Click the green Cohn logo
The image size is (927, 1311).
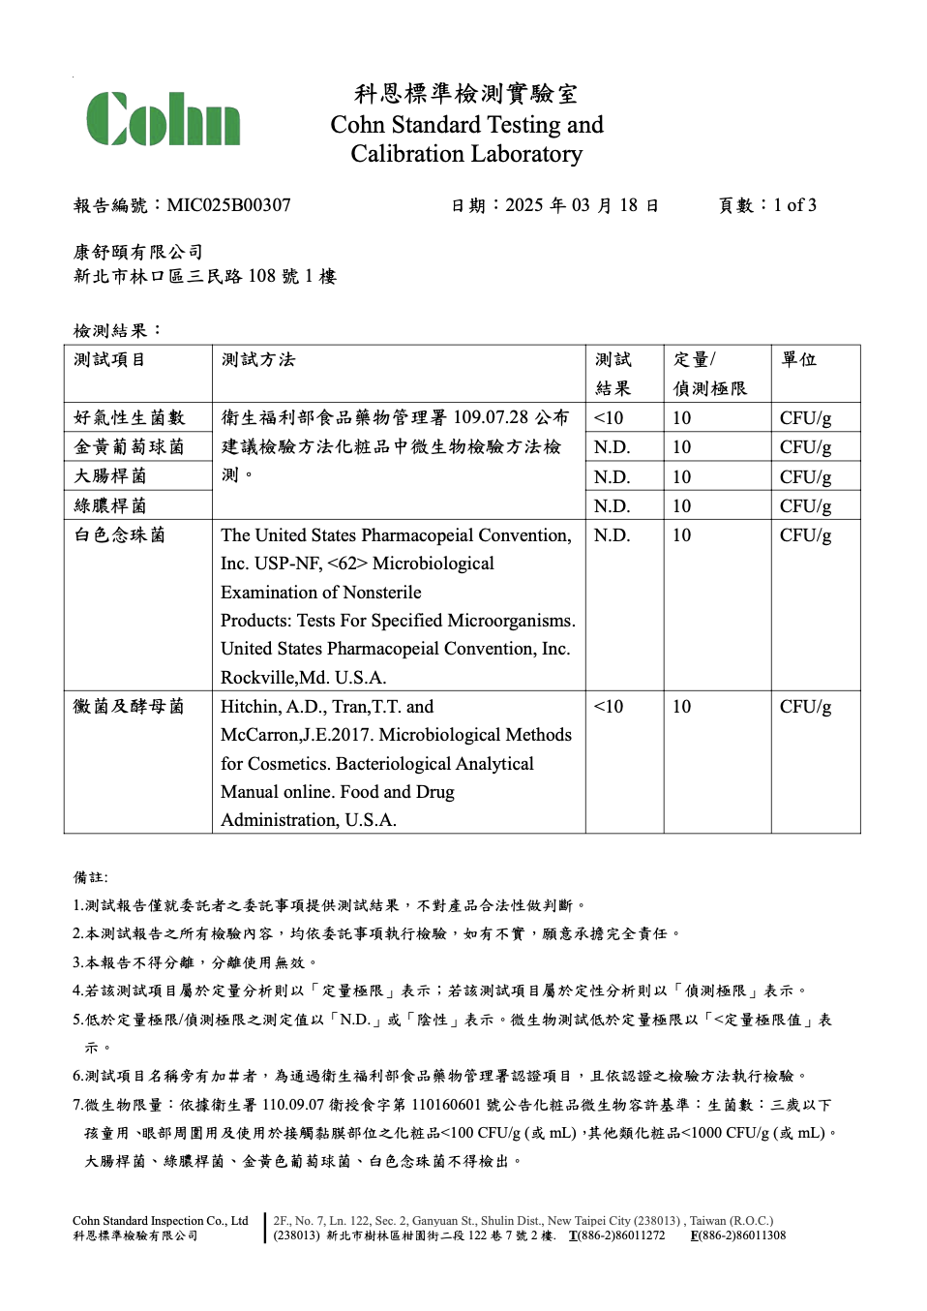[163, 120]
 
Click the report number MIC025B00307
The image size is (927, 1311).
[228, 205]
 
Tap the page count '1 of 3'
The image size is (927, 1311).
[794, 205]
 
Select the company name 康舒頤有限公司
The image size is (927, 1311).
[138, 252]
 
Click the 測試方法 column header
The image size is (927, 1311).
[258, 360]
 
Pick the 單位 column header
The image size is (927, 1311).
[799, 360]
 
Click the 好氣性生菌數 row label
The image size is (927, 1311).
[129, 418]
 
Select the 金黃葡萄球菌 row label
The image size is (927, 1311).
[129, 447]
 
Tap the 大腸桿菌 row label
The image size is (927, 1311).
[110, 476]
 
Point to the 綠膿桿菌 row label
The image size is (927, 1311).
[110, 505]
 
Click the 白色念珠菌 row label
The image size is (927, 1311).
[120, 535]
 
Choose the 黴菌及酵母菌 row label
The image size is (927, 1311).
[129, 707]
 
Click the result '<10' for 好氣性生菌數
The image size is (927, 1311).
[609, 418]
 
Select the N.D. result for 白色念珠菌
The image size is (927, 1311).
[612, 535]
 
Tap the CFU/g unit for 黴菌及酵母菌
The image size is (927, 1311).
[805, 707]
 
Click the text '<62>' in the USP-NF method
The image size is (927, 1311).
[347, 564]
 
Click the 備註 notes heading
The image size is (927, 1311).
[91, 877]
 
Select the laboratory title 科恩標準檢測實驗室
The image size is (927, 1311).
[465, 94]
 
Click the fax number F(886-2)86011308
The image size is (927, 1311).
[738, 1235]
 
